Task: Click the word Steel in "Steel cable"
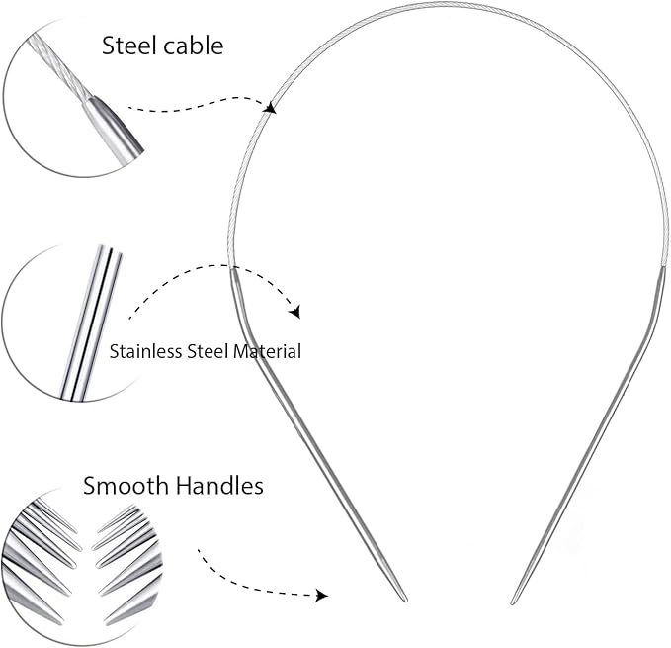[130, 46]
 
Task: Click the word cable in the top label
[194, 46]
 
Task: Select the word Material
[268, 351]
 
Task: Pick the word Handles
[219, 486]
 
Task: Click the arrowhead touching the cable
[271, 107]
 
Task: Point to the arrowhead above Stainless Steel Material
[294, 312]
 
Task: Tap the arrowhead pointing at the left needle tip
[321, 596]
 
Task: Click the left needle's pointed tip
[406, 602]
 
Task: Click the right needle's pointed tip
[512, 603]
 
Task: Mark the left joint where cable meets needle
[232, 268]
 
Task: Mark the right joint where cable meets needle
[664, 267]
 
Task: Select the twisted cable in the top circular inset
[58, 66]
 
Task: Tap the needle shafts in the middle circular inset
[91, 323]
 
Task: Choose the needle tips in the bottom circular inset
[81, 566]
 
